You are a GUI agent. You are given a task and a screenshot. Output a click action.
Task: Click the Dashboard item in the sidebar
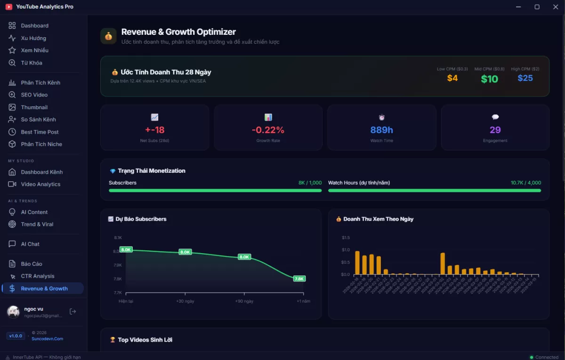34,25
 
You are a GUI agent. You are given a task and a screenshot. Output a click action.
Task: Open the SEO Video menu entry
34,95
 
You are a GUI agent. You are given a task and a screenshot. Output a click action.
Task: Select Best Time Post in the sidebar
40,132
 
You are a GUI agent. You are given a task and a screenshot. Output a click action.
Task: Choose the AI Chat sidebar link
30,244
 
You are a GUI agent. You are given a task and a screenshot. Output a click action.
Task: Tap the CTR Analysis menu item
37,276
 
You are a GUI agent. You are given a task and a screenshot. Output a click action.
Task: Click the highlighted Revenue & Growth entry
44,288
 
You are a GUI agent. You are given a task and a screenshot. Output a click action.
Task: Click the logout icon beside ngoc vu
73,311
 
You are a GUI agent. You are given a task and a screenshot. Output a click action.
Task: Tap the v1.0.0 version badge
16,336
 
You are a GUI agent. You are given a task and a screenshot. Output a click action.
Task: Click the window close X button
555,7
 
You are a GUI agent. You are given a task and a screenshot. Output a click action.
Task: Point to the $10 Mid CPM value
489,79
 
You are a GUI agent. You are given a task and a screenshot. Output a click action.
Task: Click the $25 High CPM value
525,78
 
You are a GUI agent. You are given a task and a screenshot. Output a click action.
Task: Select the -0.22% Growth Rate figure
268,130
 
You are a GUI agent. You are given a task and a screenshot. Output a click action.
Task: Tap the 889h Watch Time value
381,130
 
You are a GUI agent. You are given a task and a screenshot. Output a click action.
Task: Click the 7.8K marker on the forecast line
299,279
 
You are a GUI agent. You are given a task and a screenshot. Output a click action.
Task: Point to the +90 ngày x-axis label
244,301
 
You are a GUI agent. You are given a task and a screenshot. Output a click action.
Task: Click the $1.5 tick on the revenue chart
346,238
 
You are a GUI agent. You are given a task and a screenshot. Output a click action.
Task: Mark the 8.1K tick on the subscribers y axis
117,238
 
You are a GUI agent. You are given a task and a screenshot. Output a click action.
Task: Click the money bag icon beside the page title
108,36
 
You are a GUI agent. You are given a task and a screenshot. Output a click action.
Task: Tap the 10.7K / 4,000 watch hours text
525,183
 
